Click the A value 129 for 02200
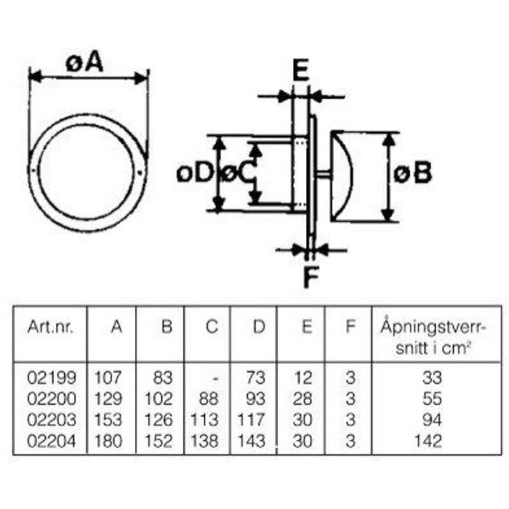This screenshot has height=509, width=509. point(108,399)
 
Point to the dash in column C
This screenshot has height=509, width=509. point(217,379)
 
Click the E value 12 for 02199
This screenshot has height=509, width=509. point(303,378)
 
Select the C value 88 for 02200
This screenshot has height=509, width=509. point(208,399)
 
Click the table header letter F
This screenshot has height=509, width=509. point(349,327)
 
